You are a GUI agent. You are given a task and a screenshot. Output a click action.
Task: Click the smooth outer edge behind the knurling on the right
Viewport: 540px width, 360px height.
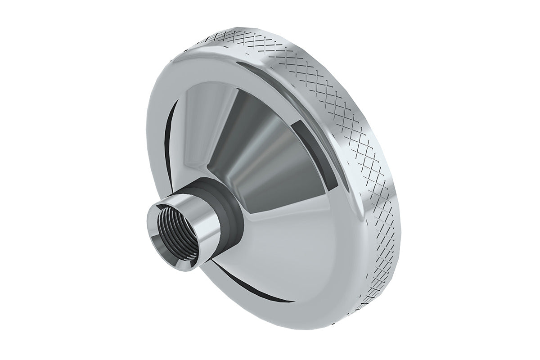(x=400, y=148)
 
